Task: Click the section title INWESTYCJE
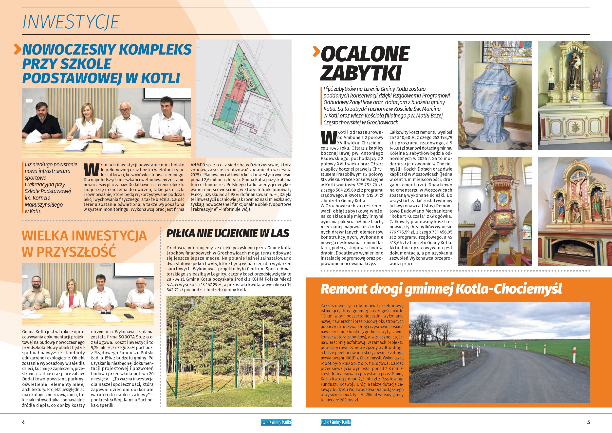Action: point(71,22)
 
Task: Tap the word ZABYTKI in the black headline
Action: point(361,73)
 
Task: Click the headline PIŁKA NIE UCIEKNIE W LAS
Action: point(228,234)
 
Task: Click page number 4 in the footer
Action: point(23,422)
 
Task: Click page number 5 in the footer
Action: point(589,422)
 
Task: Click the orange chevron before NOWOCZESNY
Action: point(17,49)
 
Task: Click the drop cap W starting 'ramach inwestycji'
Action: point(91,170)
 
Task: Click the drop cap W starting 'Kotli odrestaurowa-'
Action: point(328,138)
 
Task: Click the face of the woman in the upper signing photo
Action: point(88,110)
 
